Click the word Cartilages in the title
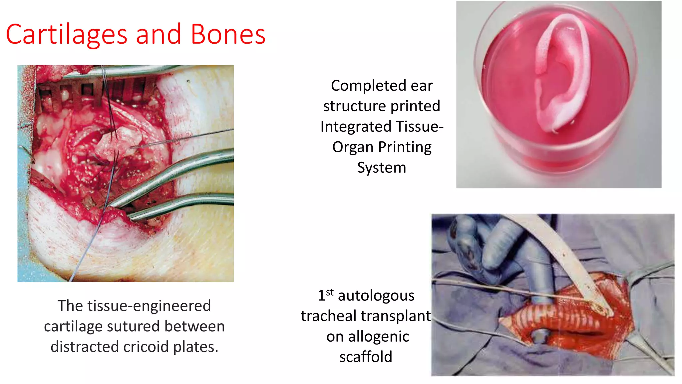point(67,35)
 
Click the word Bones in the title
point(228,35)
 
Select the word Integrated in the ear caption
point(356,127)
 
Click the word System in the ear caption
point(382,168)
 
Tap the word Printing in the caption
point(405,147)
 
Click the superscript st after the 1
point(330,292)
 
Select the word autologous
point(376,296)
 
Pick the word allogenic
point(378,337)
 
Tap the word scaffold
point(366,357)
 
